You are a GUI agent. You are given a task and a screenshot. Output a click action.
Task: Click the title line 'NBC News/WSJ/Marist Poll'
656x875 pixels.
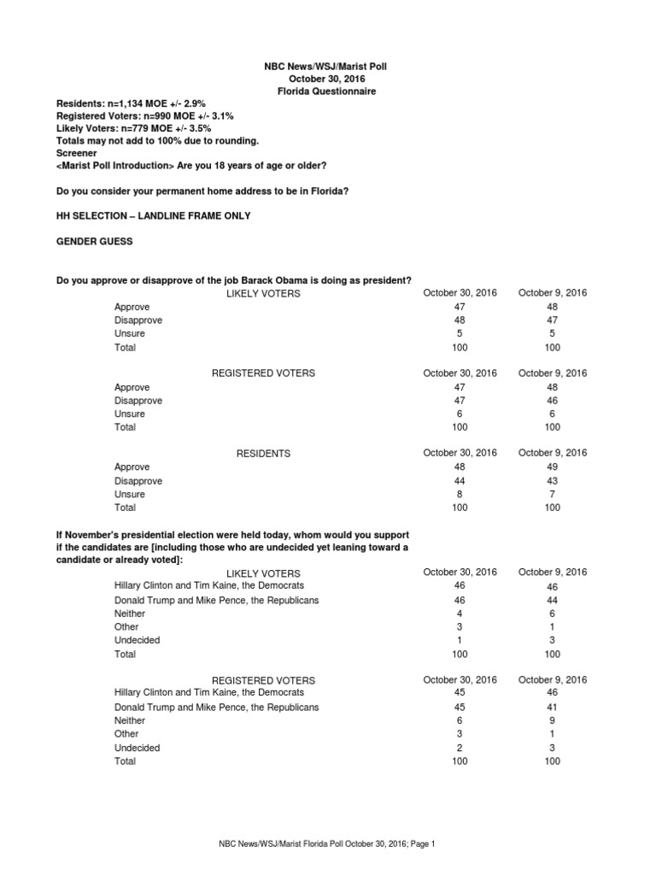pos(327,66)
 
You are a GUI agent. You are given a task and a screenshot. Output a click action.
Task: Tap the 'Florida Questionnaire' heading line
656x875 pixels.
pos(327,91)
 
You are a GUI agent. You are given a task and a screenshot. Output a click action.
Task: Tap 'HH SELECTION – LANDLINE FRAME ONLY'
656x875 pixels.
pos(154,216)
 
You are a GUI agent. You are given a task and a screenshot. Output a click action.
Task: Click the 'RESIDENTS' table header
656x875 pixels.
pos(264,454)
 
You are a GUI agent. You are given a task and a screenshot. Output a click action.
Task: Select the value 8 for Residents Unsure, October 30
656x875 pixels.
pos(460,494)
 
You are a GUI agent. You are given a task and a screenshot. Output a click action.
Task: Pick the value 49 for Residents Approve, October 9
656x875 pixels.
pos(552,467)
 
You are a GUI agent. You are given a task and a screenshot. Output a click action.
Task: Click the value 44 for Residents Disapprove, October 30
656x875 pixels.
pos(460,481)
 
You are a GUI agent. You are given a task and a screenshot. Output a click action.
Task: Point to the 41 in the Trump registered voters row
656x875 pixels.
pos(552,708)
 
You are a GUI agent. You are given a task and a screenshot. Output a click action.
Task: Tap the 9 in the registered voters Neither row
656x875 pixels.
pos(552,721)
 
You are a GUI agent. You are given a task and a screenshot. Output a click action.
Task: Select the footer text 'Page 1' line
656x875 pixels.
pos(327,844)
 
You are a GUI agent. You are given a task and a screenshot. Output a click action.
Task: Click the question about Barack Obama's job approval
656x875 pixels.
pos(234,280)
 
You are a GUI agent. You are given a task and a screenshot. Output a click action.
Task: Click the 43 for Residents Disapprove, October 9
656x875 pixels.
pos(552,481)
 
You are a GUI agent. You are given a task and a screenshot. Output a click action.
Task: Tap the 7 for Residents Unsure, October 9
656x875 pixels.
pos(552,494)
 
